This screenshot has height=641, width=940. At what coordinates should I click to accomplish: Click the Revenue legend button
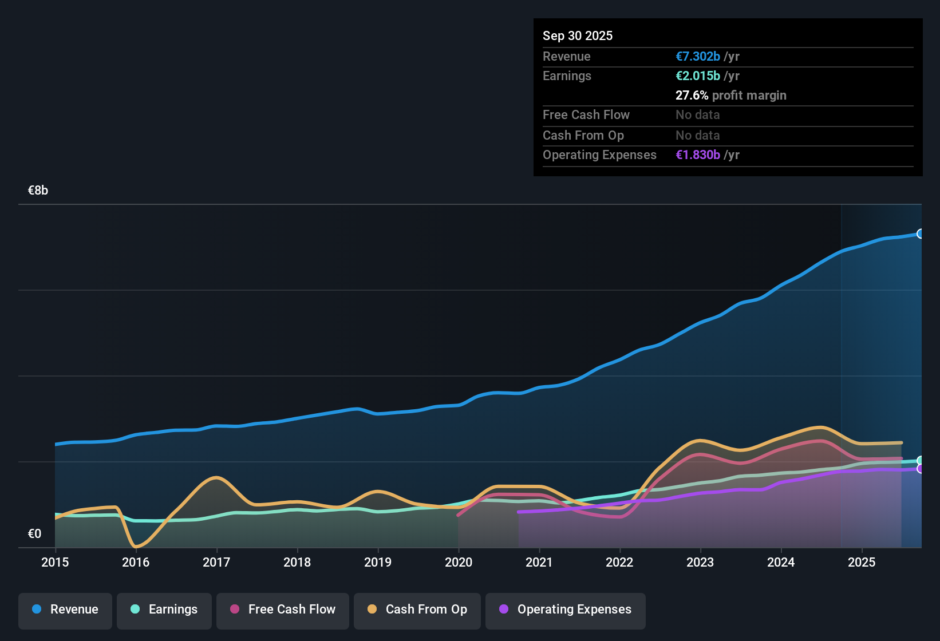pyautogui.click(x=65, y=610)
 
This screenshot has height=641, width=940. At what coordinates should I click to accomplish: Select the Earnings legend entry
pyautogui.click(x=164, y=610)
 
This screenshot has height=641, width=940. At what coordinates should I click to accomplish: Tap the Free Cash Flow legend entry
pyautogui.click(x=283, y=610)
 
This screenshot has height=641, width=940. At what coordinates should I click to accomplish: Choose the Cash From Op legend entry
pyautogui.click(x=417, y=610)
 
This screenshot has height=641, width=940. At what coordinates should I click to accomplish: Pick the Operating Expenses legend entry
pyautogui.click(x=566, y=610)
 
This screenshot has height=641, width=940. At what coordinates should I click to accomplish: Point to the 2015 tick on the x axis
pyautogui.click(x=55, y=562)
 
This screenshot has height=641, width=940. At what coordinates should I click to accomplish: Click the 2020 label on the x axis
pyautogui.click(x=459, y=562)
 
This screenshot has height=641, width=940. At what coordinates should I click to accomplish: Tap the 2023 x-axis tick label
pyautogui.click(x=700, y=562)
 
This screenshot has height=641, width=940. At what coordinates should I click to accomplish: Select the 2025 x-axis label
pyautogui.click(x=862, y=562)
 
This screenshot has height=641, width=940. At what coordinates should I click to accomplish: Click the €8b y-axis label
pyautogui.click(x=38, y=191)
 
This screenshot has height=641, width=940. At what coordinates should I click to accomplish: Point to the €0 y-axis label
pyautogui.click(x=34, y=534)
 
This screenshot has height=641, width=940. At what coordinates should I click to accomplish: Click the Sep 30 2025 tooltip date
pyautogui.click(x=578, y=35)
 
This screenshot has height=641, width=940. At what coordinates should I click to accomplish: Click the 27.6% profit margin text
pyautogui.click(x=730, y=95)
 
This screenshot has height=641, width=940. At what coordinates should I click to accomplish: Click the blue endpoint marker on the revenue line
pyautogui.click(x=921, y=234)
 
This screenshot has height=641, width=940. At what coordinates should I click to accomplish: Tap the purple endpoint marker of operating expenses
pyautogui.click(x=921, y=469)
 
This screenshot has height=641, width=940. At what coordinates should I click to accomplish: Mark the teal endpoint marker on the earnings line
pyautogui.click(x=921, y=461)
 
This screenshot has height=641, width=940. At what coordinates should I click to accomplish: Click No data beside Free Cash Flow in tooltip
pyautogui.click(x=697, y=114)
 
